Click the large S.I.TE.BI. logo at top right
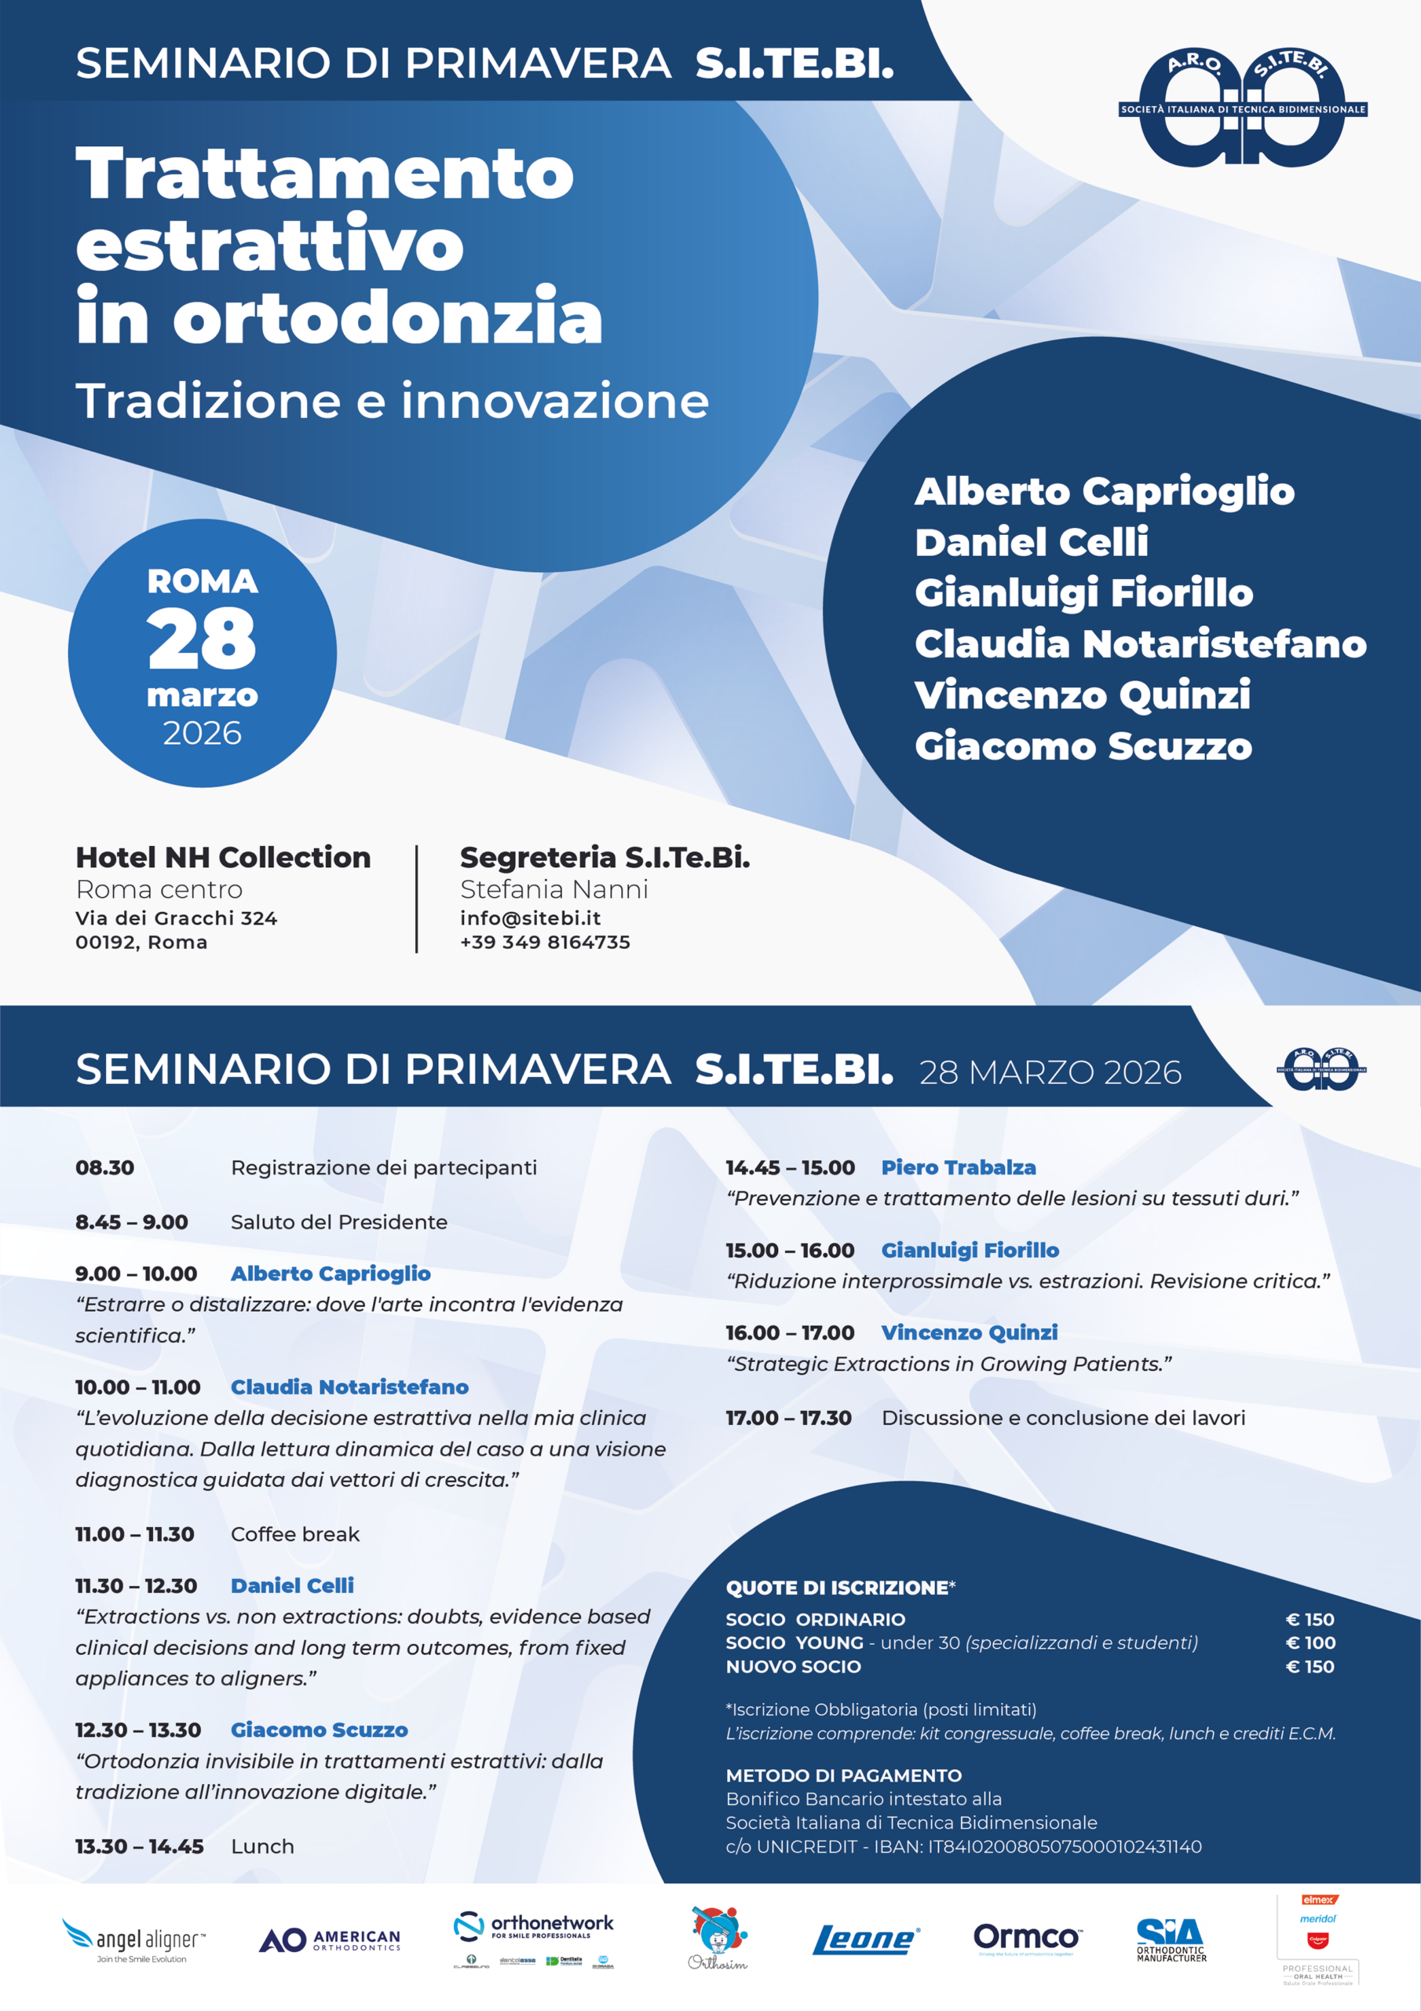pyautogui.click(x=1242, y=108)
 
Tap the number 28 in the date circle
pyautogui.click(x=203, y=639)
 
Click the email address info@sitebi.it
pyautogui.click(x=530, y=918)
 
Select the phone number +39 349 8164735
pyautogui.click(x=545, y=943)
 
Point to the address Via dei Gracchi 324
pyautogui.click(x=176, y=918)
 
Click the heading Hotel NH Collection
pyautogui.click(x=223, y=858)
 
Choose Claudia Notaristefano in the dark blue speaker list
pyautogui.click(x=1140, y=644)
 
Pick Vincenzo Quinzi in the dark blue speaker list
pyautogui.click(x=1082, y=694)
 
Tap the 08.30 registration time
pyautogui.click(x=105, y=1167)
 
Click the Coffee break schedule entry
pyautogui.click(x=295, y=1533)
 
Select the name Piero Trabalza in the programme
pyautogui.click(x=958, y=1167)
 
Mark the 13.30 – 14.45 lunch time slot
pyautogui.click(x=139, y=1846)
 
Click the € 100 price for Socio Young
pyautogui.click(x=1309, y=1643)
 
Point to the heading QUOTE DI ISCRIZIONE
pyautogui.click(x=839, y=1588)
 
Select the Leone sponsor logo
pyautogui.click(x=865, y=1940)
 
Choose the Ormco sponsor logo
pyautogui.click(x=1026, y=1937)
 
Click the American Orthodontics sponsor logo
pyautogui.click(x=330, y=1940)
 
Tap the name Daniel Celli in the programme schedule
pyautogui.click(x=292, y=1585)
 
